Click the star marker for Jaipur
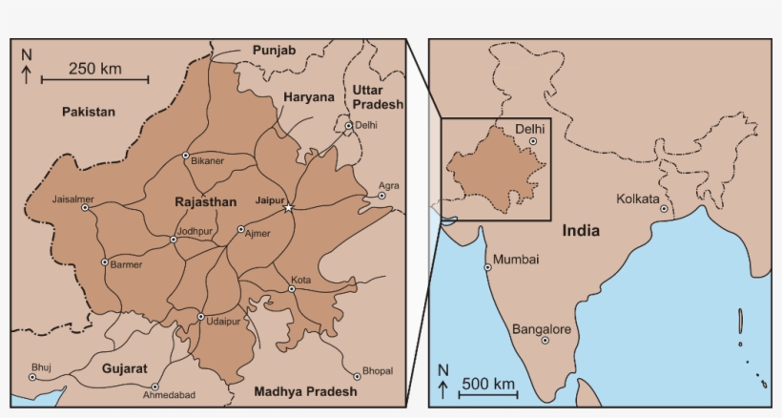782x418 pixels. [290, 208]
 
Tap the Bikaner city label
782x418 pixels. [207, 161]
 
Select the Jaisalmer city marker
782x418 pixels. [85, 207]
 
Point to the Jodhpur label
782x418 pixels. [195, 230]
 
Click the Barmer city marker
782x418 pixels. [105, 262]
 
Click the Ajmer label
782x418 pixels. [258, 233]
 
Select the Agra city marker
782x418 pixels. [381, 196]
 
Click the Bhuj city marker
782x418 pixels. [32, 377]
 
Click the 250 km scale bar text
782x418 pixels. [94, 69]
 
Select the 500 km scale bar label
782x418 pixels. [488, 385]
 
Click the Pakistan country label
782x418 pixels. [89, 112]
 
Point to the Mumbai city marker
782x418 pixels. [487, 267]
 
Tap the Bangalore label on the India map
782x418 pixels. [542, 329]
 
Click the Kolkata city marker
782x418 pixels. [664, 209]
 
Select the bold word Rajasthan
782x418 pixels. [205, 202]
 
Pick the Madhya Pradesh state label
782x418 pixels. [305, 391]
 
